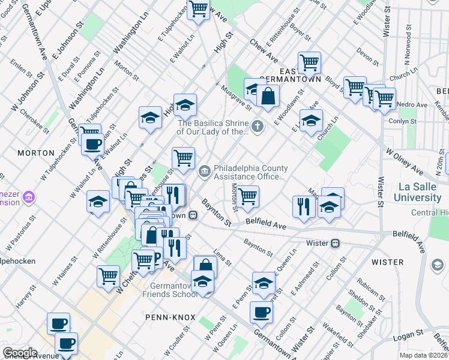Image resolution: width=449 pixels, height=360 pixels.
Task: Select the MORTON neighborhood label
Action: [x=36, y=153]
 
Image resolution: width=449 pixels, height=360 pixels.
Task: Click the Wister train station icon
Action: [x=336, y=243]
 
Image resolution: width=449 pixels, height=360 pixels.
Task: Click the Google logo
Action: [x=20, y=352]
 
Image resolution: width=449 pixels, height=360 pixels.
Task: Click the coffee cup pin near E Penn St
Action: [x=261, y=311]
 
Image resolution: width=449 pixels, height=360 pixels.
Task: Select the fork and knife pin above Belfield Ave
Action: [x=304, y=206]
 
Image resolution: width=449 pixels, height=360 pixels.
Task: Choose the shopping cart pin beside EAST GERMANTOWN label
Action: [x=309, y=62]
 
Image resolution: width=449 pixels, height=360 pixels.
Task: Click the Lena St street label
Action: [x=222, y=259]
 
